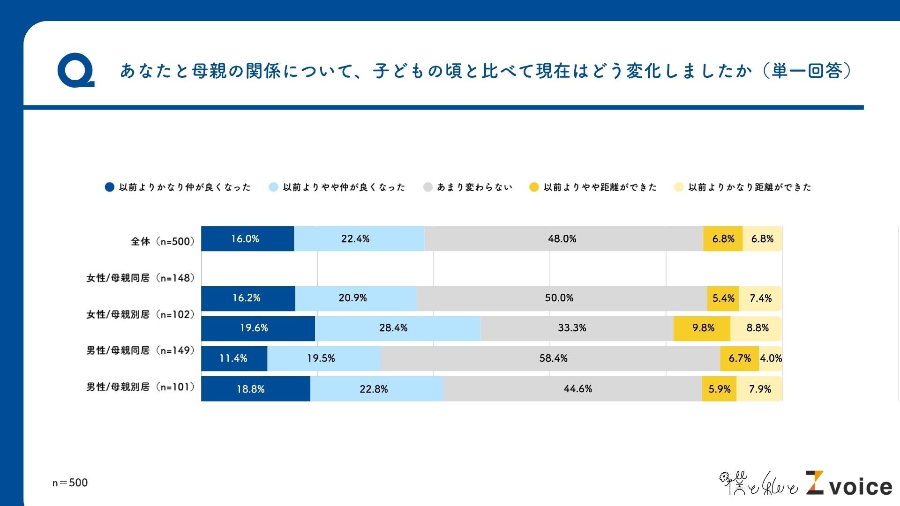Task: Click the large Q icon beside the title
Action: [x=75, y=72]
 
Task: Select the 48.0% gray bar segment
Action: [x=562, y=239]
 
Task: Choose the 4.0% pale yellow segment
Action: [x=771, y=358]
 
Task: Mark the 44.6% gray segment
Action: [x=572, y=389]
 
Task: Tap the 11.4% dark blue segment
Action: [x=234, y=358]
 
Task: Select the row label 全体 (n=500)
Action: [x=162, y=241]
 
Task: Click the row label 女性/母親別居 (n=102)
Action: [x=140, y=314]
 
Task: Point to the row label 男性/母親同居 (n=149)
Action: [x=140, y=350]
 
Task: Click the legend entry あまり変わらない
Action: [x=474, y=187]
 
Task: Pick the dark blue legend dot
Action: [x=109, y=187]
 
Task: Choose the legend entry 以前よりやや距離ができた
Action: [x=600, y=187]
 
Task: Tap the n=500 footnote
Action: [x=70, y=483]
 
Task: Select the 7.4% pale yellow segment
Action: [x=760, y=298]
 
